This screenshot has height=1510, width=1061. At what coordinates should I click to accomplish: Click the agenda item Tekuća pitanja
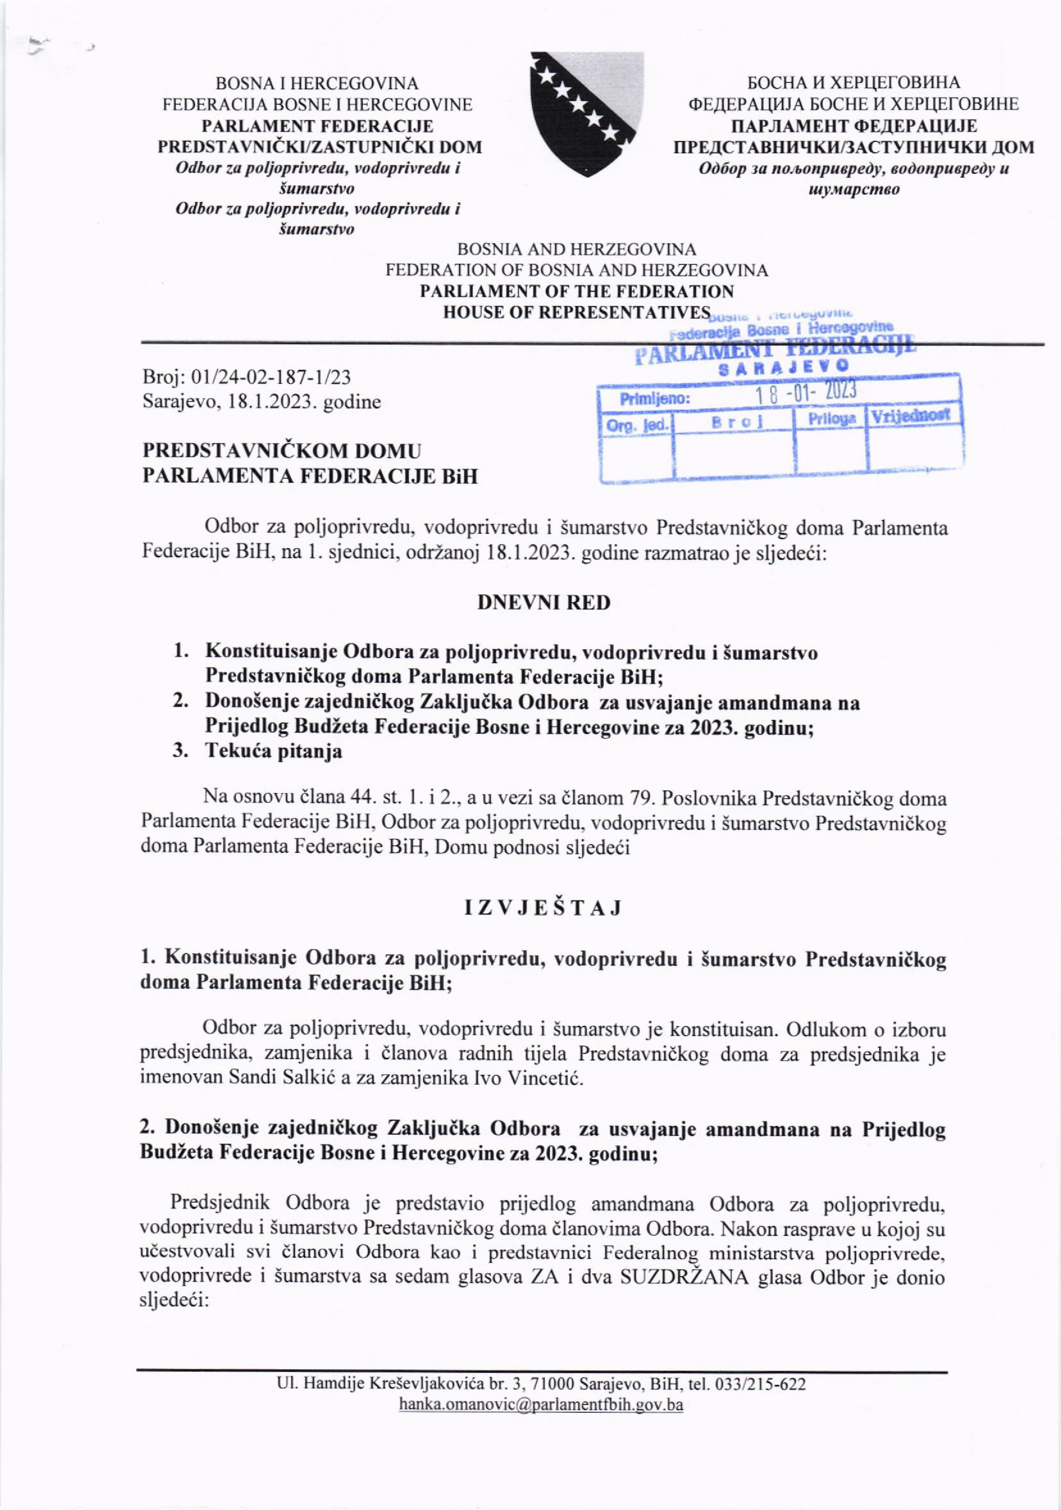(x=274, y=751)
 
